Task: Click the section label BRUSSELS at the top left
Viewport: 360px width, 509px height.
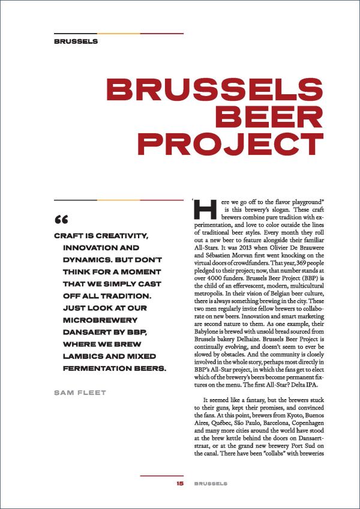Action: coord(76,42)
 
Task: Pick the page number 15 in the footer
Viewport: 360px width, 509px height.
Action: coord(179,483)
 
